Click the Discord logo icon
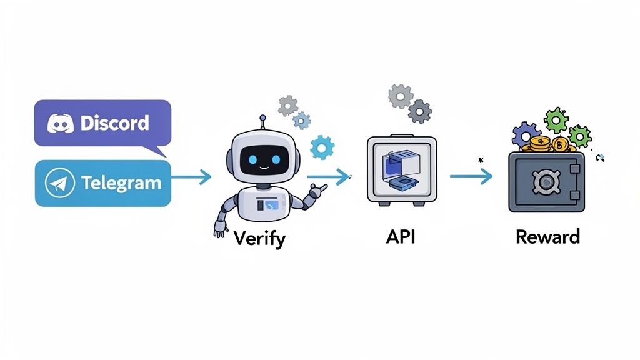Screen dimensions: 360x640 (x=60, y=122)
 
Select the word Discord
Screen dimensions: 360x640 (x=114, y=122)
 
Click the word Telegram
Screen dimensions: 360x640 (x=121, y=183)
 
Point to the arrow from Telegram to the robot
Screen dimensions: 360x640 (x=191, y=177)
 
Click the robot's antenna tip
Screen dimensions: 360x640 (x=263, y=116)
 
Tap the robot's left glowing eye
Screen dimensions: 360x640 (x=252, y=159)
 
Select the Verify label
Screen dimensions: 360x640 (x=259, y=238)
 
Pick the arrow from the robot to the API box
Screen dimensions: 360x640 (x=329, y=177)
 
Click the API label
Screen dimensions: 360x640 (x=401, y=237)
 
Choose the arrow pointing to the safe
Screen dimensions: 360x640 (x=471, y=177)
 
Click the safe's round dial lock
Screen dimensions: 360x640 (x=546, y=182)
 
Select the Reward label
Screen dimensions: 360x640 (x=547, y=237)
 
